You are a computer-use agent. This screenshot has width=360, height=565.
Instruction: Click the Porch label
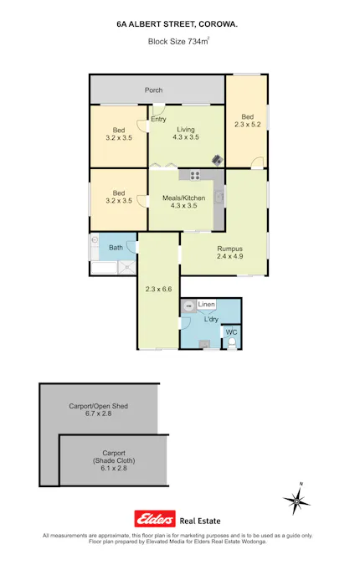153,90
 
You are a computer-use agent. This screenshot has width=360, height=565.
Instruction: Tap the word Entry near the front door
158,119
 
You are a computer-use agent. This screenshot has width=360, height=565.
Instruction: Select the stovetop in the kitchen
195,176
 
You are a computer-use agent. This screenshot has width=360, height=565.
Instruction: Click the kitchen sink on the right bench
219,198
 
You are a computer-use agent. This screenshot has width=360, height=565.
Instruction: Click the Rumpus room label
229,249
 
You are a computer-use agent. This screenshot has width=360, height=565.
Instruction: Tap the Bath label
116,247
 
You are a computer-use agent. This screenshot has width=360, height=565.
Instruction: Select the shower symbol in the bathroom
126,267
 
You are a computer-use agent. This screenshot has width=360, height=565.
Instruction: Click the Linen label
207,304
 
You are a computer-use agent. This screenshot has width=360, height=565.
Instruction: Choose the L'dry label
212,320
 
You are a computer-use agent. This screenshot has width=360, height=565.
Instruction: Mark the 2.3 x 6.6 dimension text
158,290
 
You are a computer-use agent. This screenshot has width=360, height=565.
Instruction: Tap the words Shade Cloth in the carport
114,461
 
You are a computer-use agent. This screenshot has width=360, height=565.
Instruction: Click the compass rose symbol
296,500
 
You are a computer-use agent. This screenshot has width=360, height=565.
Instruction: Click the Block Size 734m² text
179,40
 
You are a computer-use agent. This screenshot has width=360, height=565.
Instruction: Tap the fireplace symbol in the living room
217,159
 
